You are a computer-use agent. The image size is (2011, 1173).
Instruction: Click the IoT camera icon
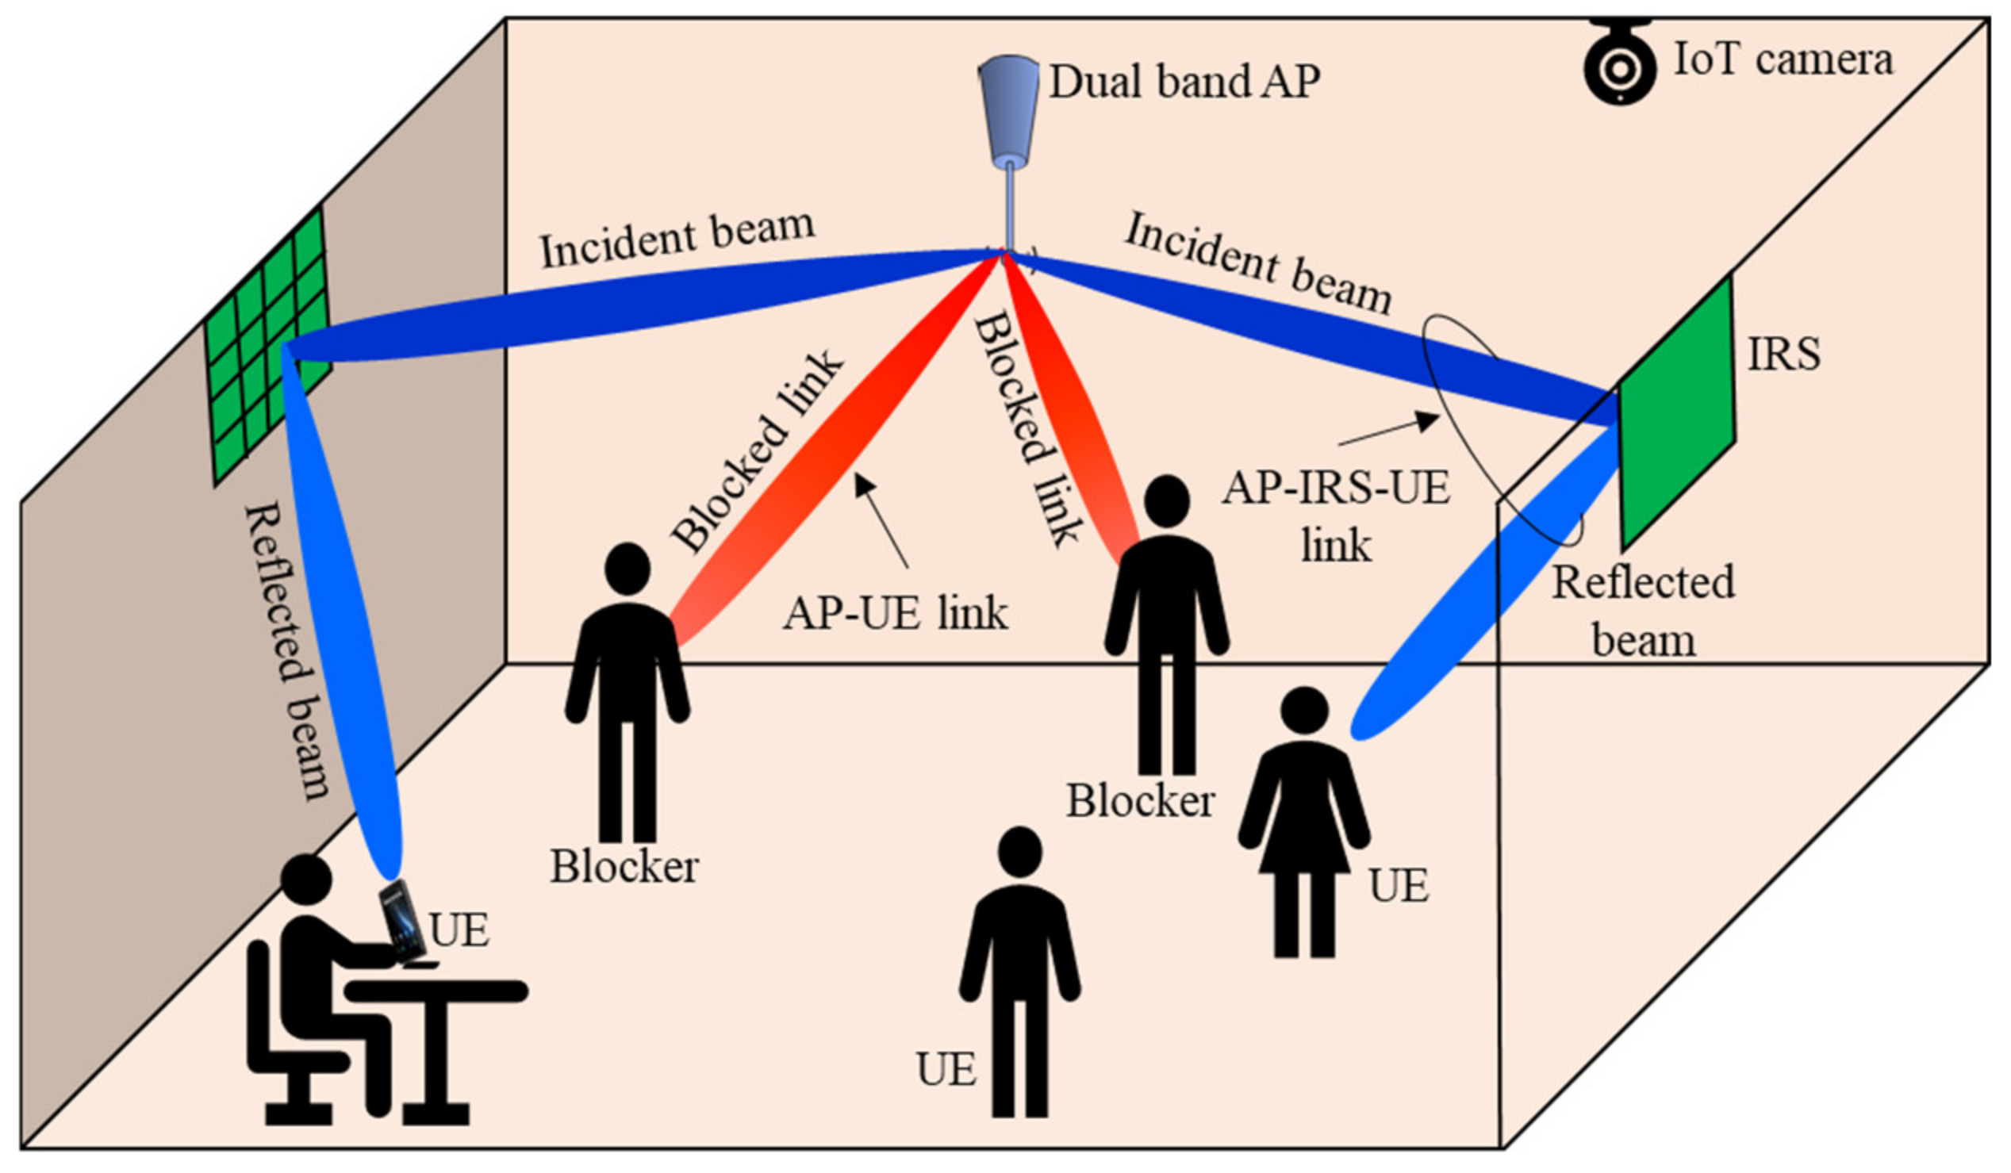(1618, 63)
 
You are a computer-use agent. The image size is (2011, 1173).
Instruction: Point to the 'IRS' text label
(1783, 355)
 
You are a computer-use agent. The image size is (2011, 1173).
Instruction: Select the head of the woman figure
(1304, 710)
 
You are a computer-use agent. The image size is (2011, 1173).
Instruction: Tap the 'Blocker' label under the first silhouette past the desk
(624, 868)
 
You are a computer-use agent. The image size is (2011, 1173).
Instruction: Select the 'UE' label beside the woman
(1398, 886)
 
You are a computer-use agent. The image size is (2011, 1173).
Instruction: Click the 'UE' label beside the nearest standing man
(946, 1069)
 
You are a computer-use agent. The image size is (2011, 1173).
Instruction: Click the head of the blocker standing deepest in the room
(1167, 502)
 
